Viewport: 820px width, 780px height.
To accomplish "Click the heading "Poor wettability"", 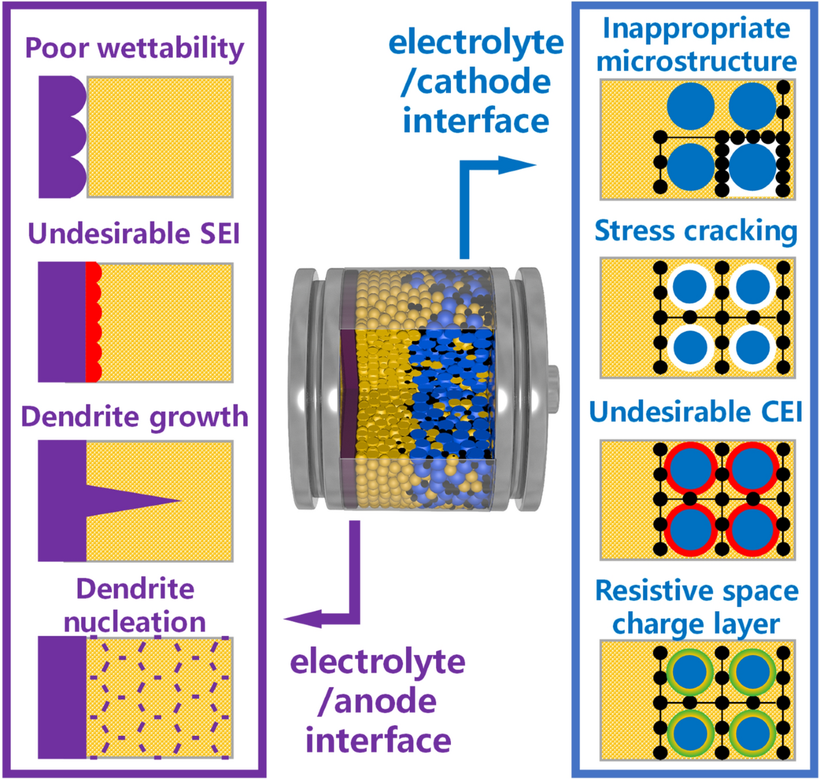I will tap(135, 48).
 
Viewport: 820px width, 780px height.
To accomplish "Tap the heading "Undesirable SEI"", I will tap(134, 234).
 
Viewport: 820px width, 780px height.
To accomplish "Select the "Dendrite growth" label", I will tap(135, 416).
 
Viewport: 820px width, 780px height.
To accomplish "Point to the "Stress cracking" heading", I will tap(696, 231).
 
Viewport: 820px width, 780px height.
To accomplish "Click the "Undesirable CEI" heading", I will tap(696, 412).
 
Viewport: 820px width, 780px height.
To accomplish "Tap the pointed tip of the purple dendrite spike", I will tap(179, 501).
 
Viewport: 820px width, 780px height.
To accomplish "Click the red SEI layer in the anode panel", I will tap(93, 321).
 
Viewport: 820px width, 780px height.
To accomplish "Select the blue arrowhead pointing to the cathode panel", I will tap(519, 165).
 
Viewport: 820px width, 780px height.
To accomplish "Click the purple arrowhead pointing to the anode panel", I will tap(301, 619).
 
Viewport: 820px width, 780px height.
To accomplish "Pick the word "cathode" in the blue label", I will tap(484, 82).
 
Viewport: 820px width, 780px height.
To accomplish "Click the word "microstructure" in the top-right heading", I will tap(696, 61).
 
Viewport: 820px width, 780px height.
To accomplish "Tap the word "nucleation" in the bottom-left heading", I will tap(135, 621).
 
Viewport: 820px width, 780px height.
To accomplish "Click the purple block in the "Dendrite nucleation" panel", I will tap(62, 697).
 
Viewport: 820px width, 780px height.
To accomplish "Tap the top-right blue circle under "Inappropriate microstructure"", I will tap(752, 106).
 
